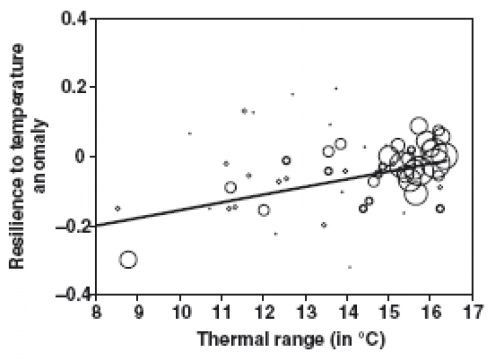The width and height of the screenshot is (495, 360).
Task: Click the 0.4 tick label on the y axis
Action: point(74,18)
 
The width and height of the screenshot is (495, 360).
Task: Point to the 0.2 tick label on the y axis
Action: point(74,87)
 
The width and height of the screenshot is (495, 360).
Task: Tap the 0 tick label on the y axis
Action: point(81,156)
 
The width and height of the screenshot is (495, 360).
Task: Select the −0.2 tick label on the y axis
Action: point(70,225)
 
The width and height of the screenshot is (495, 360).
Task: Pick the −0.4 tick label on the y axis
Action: point(70,294)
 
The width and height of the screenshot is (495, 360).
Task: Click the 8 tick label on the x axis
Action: point(96,309)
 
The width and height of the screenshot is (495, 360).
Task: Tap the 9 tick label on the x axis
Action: point(138,309)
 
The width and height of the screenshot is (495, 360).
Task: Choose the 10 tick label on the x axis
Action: point(180,309)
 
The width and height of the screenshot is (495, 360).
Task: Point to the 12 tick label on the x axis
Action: point(263,309)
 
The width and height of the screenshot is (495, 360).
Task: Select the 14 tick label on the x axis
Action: point(347,309)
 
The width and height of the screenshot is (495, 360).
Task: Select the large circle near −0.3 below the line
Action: point(128,259)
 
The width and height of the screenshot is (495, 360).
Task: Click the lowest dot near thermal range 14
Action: point(350,267)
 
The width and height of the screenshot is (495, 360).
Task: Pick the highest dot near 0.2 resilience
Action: point(336,88)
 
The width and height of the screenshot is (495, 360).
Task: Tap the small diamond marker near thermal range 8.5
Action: point(118,208)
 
